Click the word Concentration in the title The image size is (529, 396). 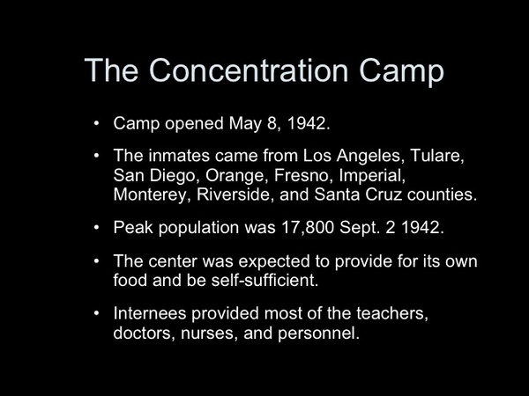249,70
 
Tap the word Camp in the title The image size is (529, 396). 401,72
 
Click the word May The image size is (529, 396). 245,123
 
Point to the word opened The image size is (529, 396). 194,124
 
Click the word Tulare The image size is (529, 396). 437,156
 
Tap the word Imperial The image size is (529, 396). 372,176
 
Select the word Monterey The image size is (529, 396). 150,194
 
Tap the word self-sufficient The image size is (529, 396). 264,280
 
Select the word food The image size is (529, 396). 130,280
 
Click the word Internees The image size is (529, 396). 150,313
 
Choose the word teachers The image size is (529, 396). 392,313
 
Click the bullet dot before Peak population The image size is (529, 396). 97,227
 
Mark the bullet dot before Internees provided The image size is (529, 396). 97,313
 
